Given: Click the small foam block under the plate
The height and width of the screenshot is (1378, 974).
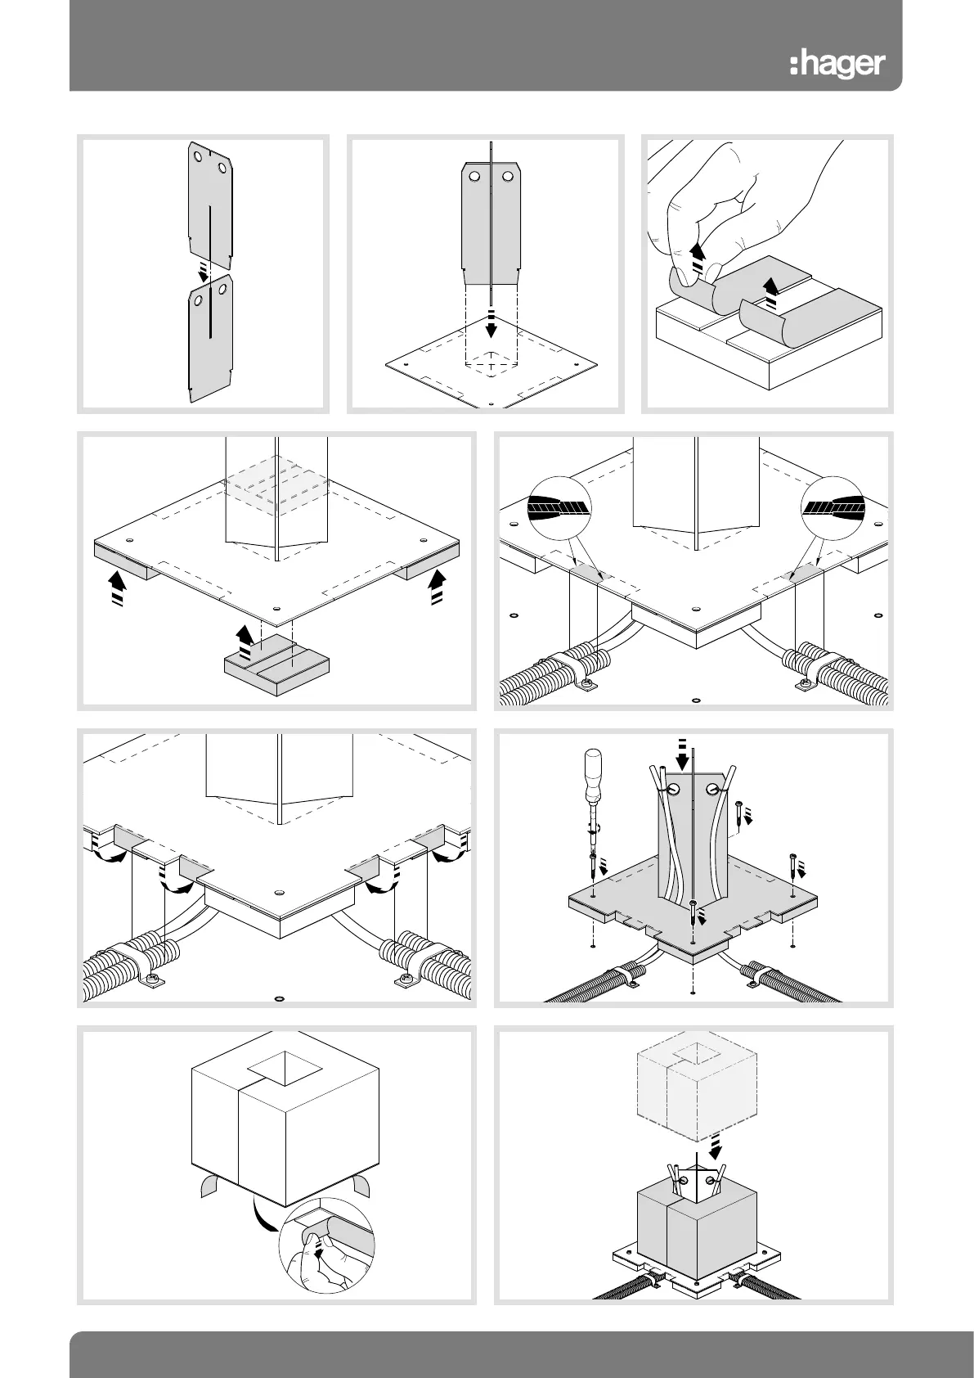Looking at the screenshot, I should coord(278,664).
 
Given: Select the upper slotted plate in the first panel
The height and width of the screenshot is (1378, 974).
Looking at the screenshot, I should coord(209,204).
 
